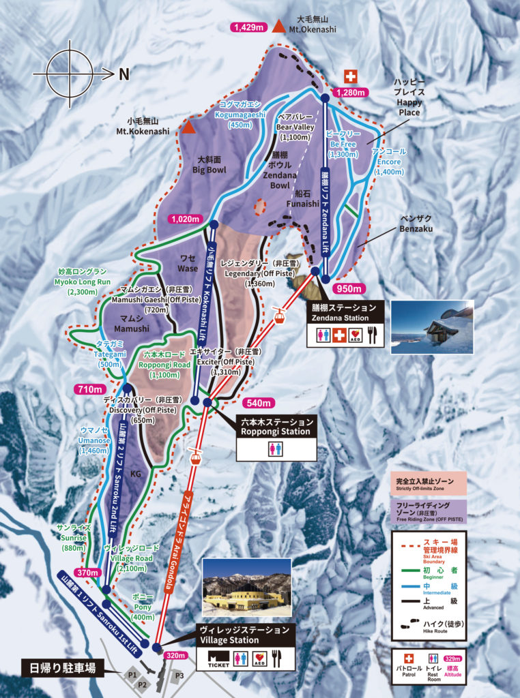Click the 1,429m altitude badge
click(248, 27)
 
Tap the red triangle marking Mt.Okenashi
click(278, 27)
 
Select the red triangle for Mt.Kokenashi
click(188, 127)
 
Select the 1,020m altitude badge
click(185, 219)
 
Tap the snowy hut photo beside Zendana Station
click(432, 327)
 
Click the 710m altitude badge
click(89, 389)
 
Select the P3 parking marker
click(179, 676)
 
